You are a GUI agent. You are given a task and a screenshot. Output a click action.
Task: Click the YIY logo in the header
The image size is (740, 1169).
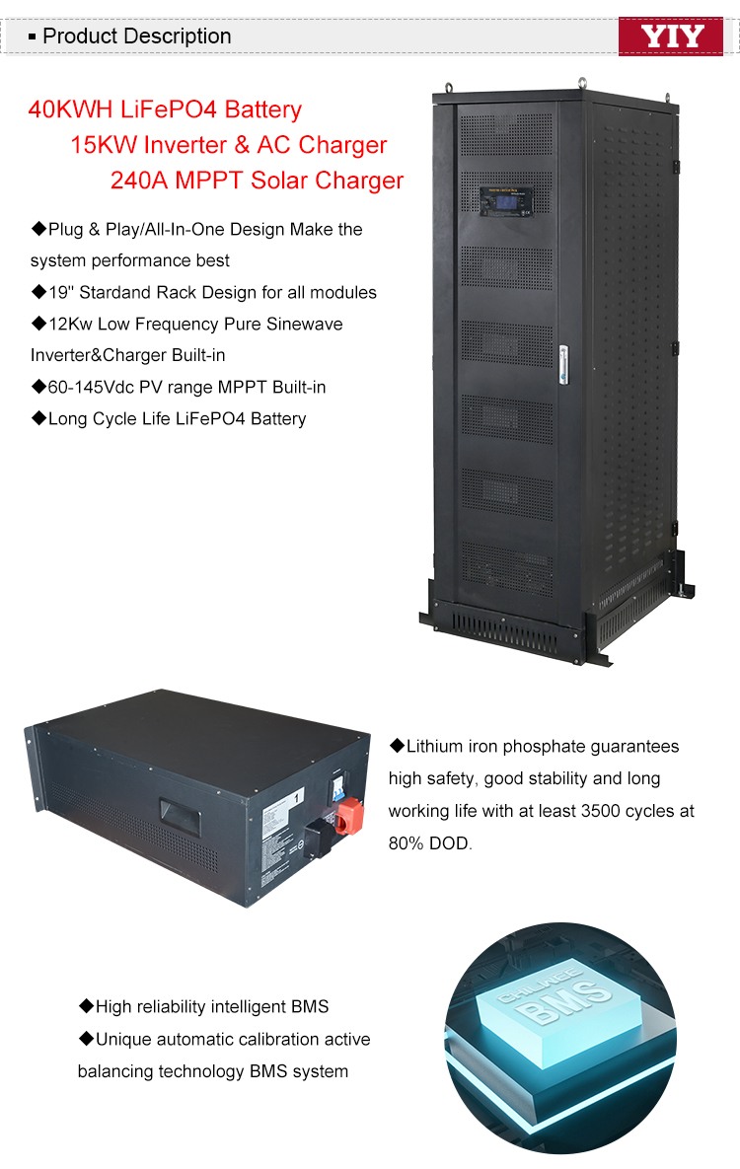point(672,36)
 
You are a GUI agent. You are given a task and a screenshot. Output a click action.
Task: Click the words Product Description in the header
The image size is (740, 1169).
point(136,36)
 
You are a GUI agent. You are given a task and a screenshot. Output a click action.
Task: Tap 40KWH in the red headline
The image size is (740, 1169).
point(70,109)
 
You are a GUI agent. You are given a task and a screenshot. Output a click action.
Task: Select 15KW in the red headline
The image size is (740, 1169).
point(104,145)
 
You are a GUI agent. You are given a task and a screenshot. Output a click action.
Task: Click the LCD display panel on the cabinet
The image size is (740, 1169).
point(506,201)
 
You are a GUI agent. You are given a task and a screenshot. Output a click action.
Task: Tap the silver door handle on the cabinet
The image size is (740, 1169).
point(563,365)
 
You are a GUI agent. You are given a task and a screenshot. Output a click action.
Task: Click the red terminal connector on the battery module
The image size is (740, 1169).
point(347,815)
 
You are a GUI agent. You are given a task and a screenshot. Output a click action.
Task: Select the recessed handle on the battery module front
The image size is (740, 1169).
point(180,817)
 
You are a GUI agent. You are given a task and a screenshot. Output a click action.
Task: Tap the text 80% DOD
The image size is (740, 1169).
point(429,843)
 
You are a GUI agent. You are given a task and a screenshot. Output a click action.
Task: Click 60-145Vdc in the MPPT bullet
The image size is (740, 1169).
point(91,387)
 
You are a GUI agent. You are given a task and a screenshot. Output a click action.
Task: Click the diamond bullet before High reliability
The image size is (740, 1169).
point(86,1005)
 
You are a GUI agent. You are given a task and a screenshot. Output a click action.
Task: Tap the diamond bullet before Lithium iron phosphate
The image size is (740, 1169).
point(397,746)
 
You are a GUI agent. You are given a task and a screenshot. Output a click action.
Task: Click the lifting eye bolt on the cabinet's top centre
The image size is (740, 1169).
point(582,82)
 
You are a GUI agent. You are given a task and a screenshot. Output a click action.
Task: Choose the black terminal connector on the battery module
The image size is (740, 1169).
point(319,838)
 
